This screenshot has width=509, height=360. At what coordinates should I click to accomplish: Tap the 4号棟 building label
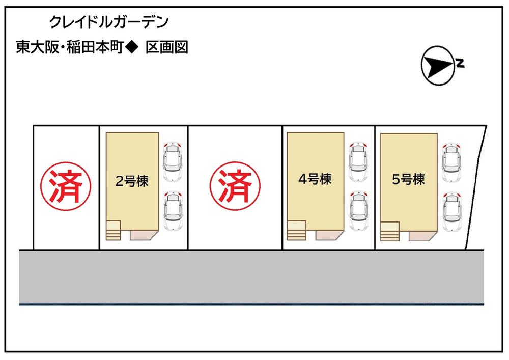point(315,179)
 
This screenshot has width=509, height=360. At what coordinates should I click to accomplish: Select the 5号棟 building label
point(409,179)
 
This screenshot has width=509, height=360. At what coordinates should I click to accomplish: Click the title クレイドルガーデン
point(108,22)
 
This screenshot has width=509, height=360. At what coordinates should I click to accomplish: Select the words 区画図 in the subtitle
point(167,48)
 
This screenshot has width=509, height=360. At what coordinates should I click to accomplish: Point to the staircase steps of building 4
point(297,230)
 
